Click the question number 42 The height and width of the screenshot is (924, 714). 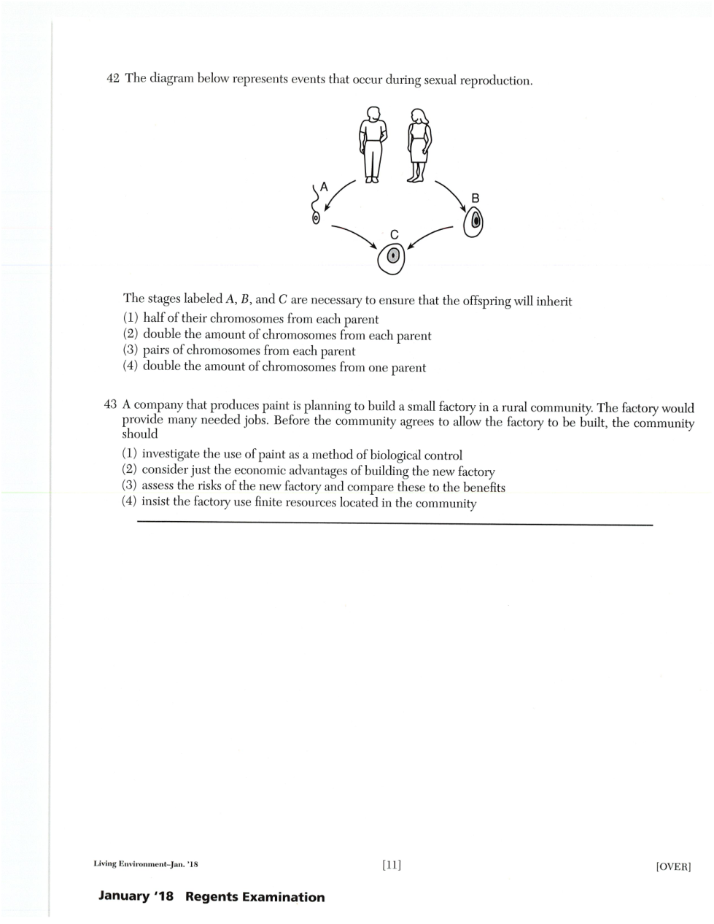[x=113, y=79]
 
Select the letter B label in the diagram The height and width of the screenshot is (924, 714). [x=476, y=198]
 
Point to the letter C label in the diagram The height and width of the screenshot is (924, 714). [x=394, y=234]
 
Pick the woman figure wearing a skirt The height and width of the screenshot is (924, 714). [x=418, y=145]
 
